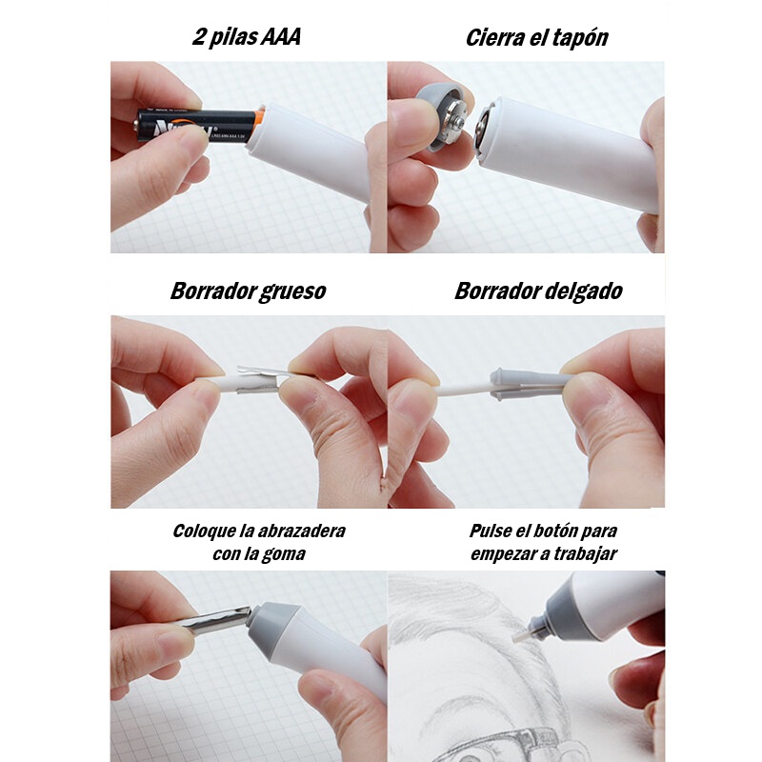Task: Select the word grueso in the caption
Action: coord(292,291)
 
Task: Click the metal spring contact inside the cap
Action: coord(455,121)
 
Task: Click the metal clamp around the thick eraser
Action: coord(254,379)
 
